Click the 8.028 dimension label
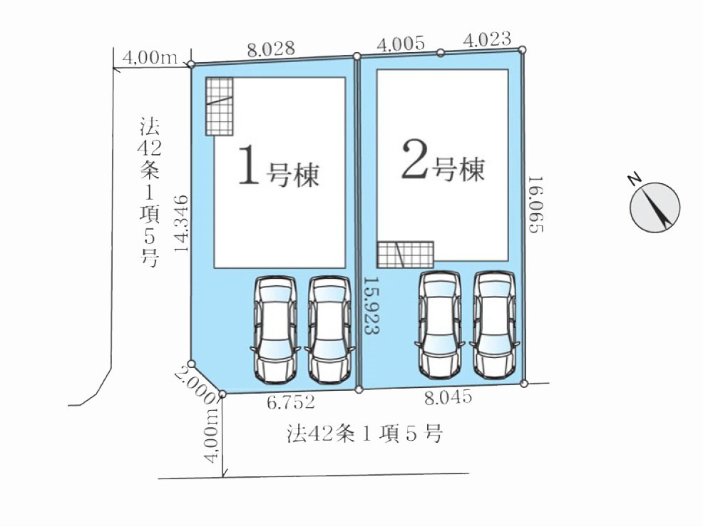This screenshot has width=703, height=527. [271, 49]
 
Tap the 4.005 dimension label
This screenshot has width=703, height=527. [401, 44]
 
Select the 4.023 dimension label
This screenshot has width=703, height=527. [487, 39]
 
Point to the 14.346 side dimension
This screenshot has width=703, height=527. [181, 223]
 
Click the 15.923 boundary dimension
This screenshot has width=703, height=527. [371, 305]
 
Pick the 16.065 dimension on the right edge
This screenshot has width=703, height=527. [535, 204]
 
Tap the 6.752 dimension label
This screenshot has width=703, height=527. [290, 402]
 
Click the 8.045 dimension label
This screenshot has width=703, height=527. [448, 397]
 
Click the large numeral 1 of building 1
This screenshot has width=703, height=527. [249, 165]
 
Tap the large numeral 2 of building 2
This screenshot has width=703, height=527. [414, 160]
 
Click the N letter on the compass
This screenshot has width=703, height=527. [634, 180]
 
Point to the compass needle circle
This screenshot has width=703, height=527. [655, 208]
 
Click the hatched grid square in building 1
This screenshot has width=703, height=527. [219, 106]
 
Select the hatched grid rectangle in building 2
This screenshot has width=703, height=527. [405, 255]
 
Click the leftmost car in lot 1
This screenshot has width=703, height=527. [275, 329]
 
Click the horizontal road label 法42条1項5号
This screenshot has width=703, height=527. [365, 434]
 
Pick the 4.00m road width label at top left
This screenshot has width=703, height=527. [150, 58]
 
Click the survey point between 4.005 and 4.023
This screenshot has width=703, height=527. [441, 53]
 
